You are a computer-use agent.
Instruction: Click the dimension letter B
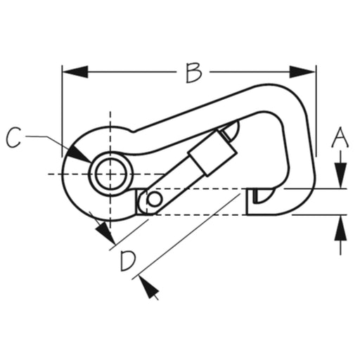click(x=193, y=72)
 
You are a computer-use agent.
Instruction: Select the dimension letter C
click(x=13, y=138)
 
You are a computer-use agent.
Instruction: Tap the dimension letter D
click(x=128, y=261)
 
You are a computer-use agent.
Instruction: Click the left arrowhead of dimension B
click(x=75, y=72)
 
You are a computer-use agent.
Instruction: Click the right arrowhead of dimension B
click(x=302, y=72)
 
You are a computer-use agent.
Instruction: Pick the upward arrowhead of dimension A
click(x=340, y=228)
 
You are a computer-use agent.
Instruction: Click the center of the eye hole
click(x=110, y=174)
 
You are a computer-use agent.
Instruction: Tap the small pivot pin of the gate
click(x=154, y=199)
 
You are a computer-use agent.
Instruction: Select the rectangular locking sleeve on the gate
click(x=212, y=153)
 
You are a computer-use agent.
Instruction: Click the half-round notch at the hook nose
click(x=264, y=195)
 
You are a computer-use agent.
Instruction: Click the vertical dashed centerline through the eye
click(x=110, y=170)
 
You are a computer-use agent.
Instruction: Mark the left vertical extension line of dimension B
click(x=62, y=111)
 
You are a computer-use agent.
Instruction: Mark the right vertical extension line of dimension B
click(x=316, y=111)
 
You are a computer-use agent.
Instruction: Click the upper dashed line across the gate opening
click(x=195, y=188)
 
